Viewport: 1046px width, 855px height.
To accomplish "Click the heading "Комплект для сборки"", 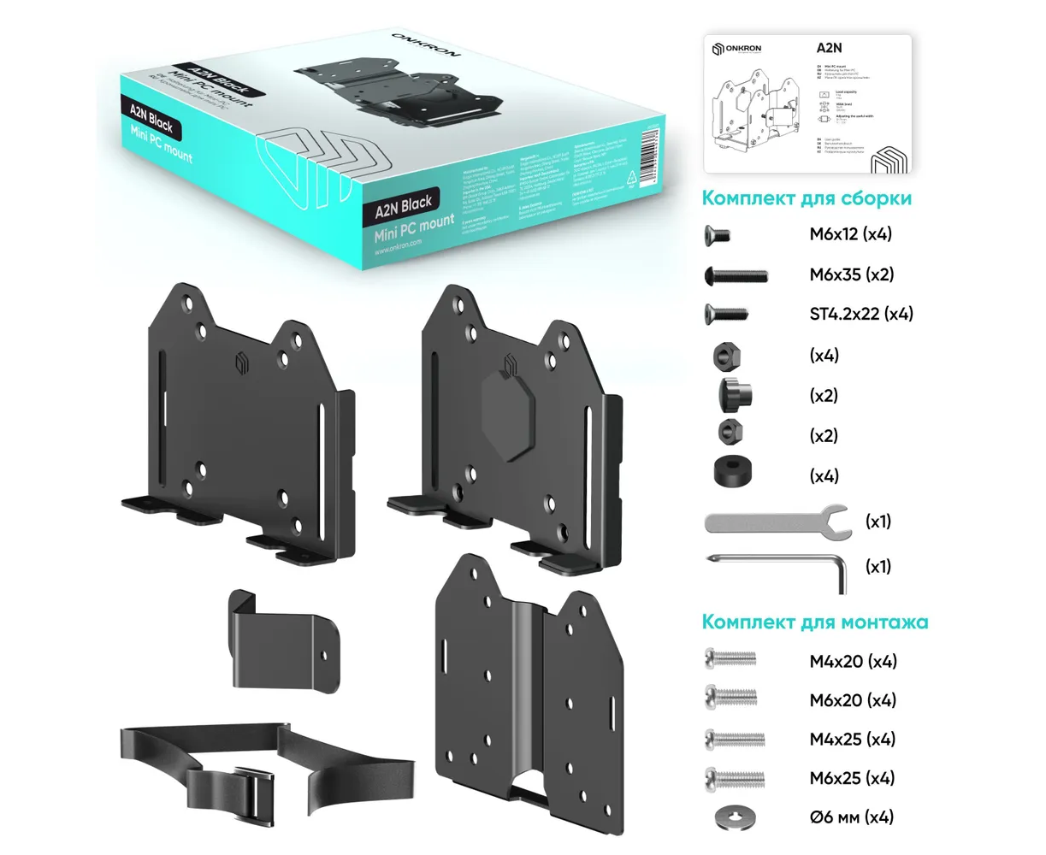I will coord(806,198).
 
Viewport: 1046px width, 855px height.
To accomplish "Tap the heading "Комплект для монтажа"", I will coord(814,621).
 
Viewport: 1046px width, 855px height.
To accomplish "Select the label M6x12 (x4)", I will coord(850,234).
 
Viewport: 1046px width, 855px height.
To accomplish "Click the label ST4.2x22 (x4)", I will coord(860,314).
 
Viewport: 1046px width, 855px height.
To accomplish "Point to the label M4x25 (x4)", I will coord(852,739).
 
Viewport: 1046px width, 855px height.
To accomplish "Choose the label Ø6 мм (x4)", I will coord(851,817).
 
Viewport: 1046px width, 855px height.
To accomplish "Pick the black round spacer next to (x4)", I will coord(733,472).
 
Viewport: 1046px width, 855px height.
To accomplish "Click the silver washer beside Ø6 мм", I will coord(732,817).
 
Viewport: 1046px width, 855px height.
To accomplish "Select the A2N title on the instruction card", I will coord(829,49).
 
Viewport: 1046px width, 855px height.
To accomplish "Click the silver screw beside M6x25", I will coord(733,777).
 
